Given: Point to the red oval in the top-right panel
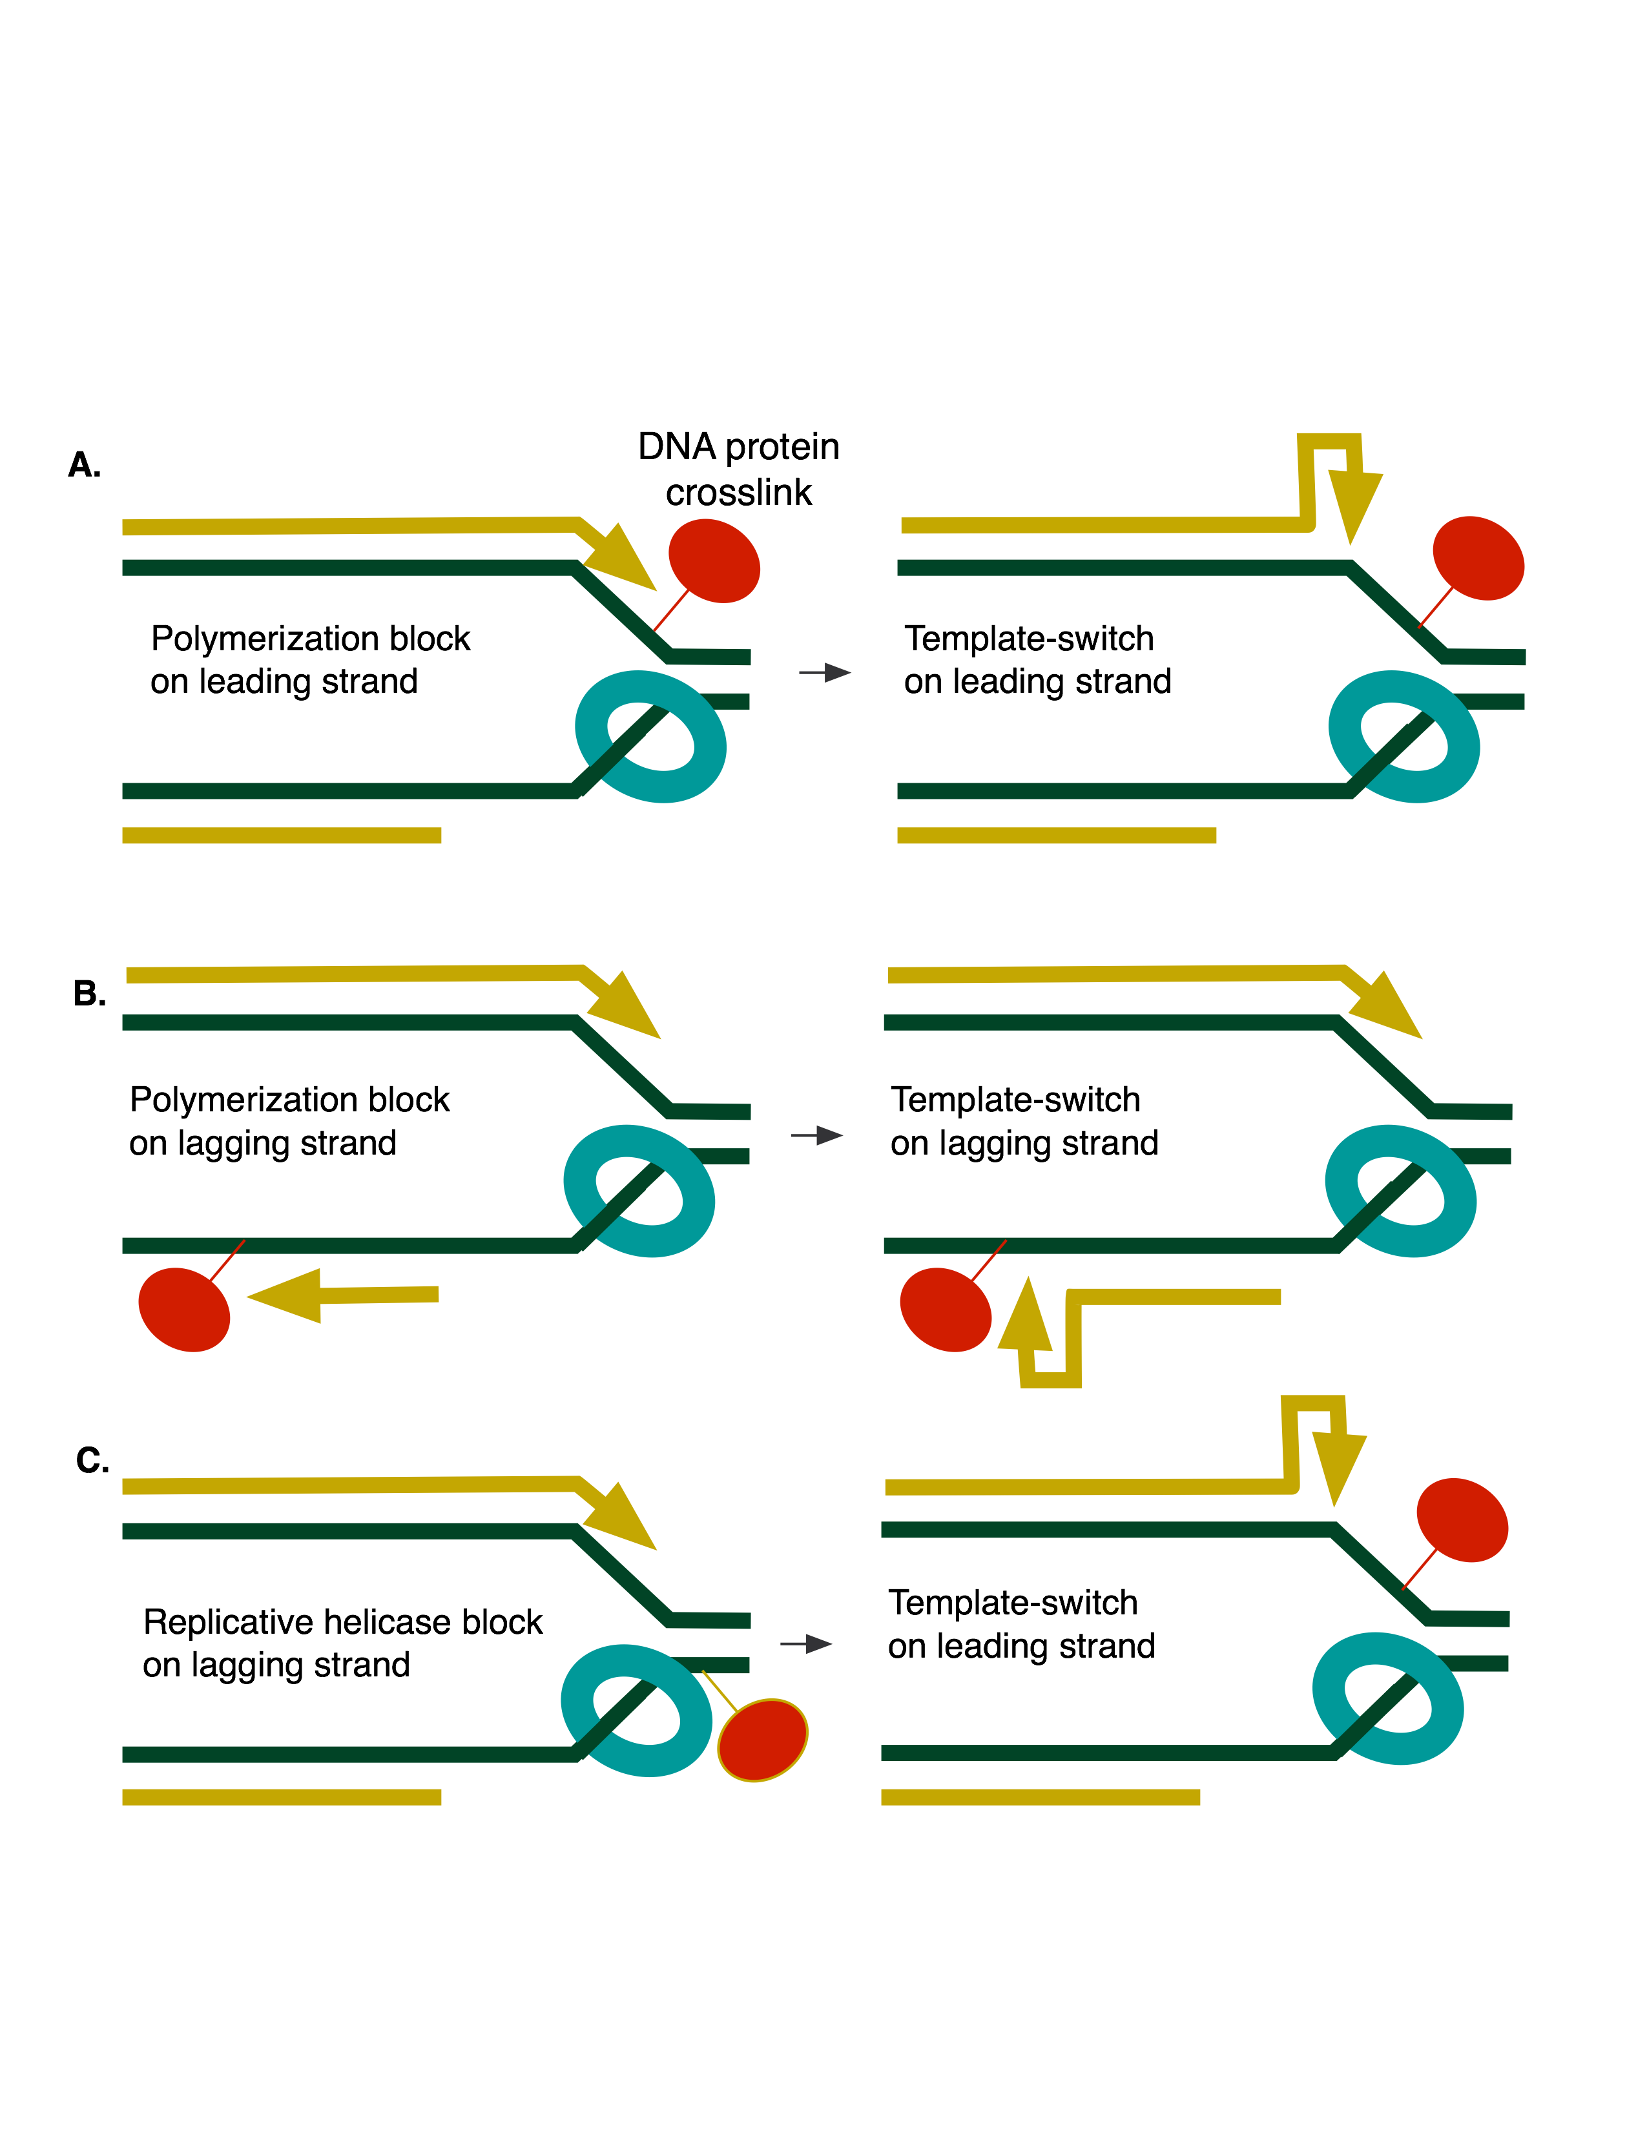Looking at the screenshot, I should (x=1478, y=558).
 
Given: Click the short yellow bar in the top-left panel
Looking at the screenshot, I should (x=281, y=835).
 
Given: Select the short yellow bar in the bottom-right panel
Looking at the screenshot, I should (x=1040, y=1797).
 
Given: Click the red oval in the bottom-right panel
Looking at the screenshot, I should (x=1462, y=1519).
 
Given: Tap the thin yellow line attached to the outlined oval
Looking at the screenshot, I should (x=720, y=1691).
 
